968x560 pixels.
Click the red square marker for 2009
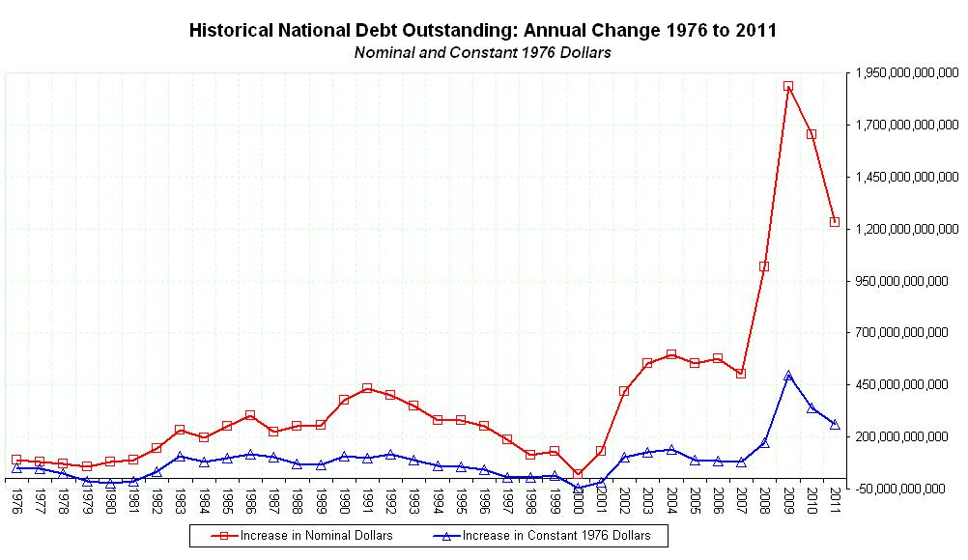pyautogui.click(x=788, y=87)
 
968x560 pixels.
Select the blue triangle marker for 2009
pyautogui.click(x=788, y=375)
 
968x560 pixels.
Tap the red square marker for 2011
pyautogui.click(x=835, y=222)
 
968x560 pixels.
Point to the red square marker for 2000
pyautogui.click(x=578, y=473)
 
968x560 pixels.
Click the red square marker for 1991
pyautogui.click(x=367, y=388)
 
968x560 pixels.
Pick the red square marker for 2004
pyautogui.click(x=671, y=354)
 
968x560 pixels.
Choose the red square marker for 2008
pyautogui.click(x=764, y=266)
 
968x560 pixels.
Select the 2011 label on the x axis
pyautogui.click(x=835, y=503)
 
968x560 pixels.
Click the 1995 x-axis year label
pyautogui.click(x=461, y=503)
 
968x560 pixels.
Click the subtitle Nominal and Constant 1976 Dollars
pyautogui.click(x=482, y=52)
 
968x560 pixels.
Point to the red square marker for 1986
pyautogui.click(x=250, y=415)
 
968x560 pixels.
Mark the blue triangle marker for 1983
pyautogui.click(x=180, y=456)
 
